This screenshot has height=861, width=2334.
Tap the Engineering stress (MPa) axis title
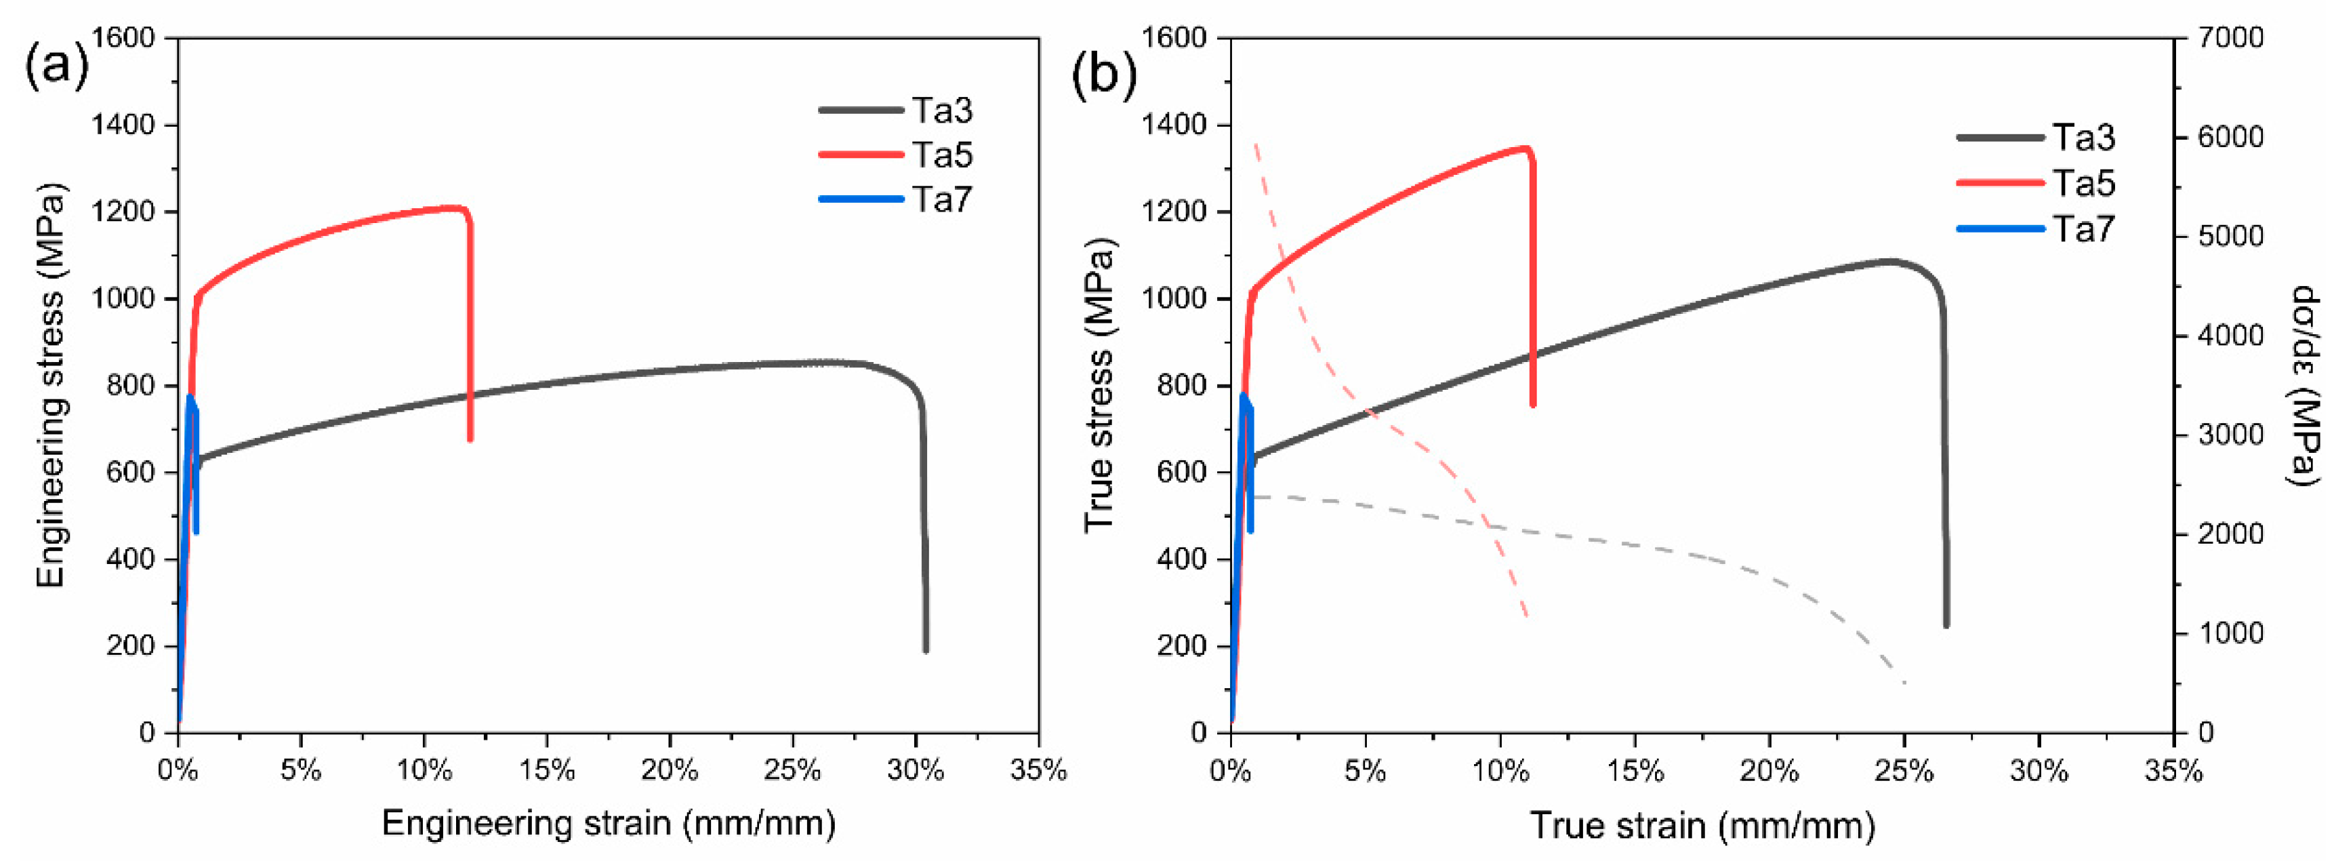pyautogui.click(x=52, y=385)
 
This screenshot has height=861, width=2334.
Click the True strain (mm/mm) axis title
pyautogui.click(x=1702, y=826)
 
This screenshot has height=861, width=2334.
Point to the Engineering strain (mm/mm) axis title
pyautogui.click(x=608, y=823)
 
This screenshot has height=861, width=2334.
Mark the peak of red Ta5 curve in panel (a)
pyautogui.click(x=453, y=207)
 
